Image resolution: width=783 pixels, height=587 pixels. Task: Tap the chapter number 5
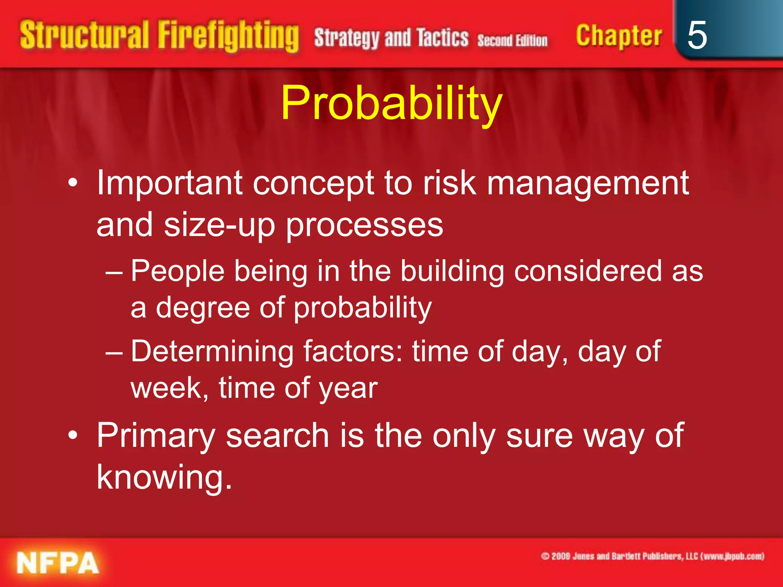click(697, 35)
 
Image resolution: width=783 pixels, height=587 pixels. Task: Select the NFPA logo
click(57, 563)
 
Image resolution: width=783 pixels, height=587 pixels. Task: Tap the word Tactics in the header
click(442, 38)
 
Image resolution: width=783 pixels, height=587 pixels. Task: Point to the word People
click(177, 271)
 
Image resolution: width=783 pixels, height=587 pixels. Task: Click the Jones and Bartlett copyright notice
click(652, 556)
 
